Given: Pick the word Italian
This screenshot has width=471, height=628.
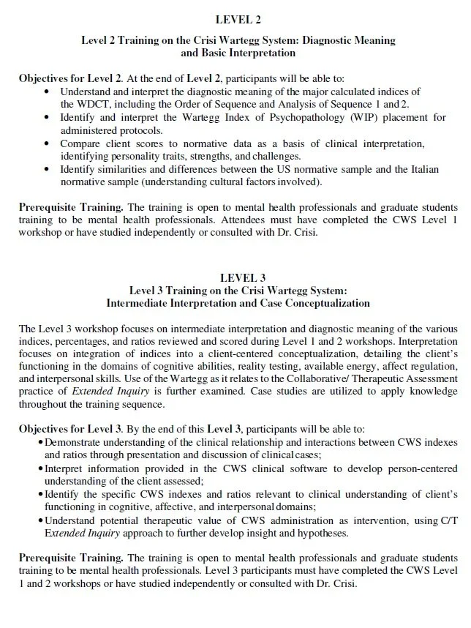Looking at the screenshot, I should click(426, 169).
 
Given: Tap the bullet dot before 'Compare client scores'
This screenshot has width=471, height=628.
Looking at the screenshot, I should click(48, 143).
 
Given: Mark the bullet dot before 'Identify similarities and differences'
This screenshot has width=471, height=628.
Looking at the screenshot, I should click(48, 169).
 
